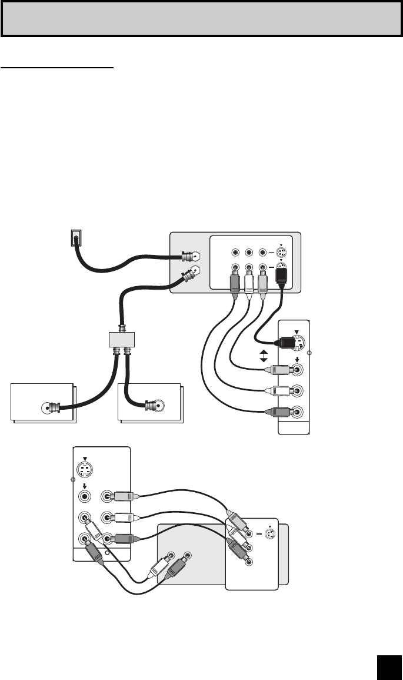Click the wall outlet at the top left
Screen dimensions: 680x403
click(75, 238)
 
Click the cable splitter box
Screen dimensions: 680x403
click(121, 339)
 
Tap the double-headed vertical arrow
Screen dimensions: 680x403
click(264, 355)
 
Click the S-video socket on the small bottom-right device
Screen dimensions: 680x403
click(270, 535)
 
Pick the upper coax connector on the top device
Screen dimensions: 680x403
click(189, 257)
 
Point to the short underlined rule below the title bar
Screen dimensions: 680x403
click(56, 67)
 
